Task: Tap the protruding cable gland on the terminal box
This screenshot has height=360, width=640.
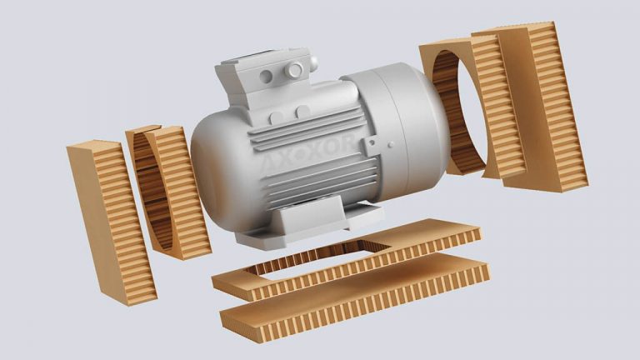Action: click(x=294, y=69)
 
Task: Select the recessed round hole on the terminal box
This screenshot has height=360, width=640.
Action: click(x=266, y=77)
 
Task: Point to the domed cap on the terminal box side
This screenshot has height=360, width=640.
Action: click(x=313, y=62)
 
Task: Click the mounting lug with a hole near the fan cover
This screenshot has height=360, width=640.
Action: click(x=372, y=144)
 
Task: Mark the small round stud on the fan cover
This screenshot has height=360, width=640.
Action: click(x=391, y=144)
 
